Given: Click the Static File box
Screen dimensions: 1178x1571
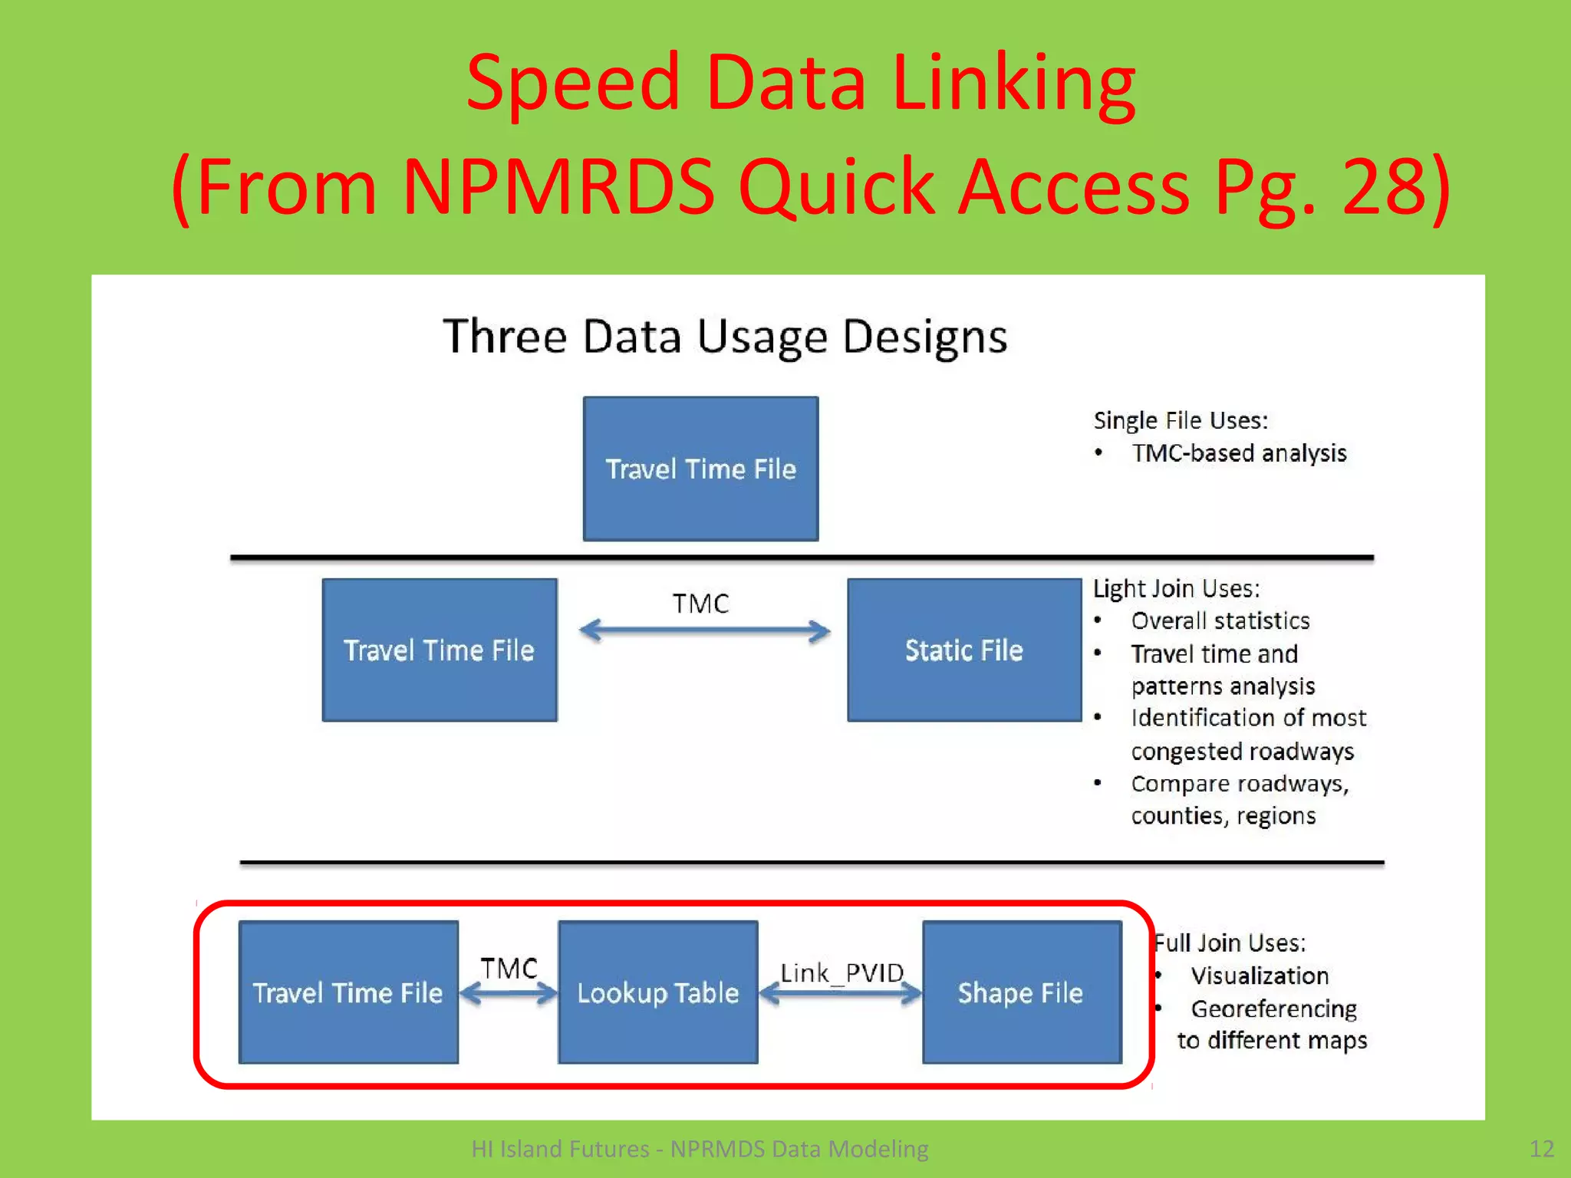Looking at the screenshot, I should (x=964, y=650).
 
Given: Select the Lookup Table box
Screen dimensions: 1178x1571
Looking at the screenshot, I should (x=658, y=992).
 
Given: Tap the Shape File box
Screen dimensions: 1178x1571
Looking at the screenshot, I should (x=1021, y=992).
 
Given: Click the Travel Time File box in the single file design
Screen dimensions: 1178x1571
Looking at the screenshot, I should (x=700, y=469).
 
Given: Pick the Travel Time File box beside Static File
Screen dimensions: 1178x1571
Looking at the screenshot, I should (x=440, y=650).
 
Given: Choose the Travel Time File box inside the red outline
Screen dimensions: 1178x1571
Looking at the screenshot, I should (x=348, y=992).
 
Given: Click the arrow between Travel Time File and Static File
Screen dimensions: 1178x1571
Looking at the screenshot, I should (x=704, y=631).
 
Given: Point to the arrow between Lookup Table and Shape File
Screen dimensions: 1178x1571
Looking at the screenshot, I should (x=841, y=994).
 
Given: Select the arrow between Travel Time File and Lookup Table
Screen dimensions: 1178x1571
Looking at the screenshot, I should (x=509, y=995).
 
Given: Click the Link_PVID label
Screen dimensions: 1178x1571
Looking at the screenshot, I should (x=841, y=972).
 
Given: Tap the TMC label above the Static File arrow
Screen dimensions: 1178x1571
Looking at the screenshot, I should (x=700, y=604).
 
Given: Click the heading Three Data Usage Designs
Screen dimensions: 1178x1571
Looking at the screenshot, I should (x=725, y=337).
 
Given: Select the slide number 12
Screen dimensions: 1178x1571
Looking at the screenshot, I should (x=1541, y=1148).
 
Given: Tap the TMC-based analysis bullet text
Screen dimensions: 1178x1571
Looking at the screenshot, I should (x=1239, y=453).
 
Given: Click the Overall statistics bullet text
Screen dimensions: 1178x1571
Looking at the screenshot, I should (x=1220, y=620).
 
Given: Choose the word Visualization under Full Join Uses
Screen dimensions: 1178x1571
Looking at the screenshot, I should (x=1260, y=976).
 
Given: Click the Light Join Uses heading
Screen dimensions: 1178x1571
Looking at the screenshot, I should (x=1176, y=588).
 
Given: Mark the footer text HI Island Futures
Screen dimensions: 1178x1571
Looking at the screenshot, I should (x=560, y=1149).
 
